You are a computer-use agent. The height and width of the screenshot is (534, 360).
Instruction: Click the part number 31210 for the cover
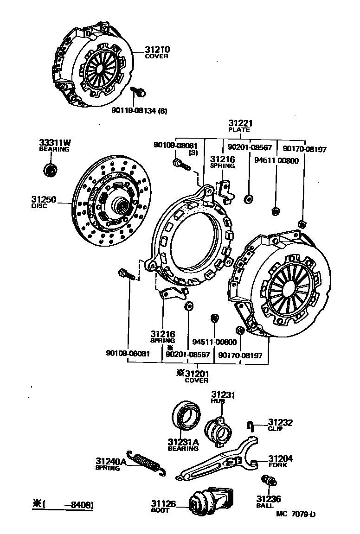pos(157,49)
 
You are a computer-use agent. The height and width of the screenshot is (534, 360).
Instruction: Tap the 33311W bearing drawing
pos(50,170)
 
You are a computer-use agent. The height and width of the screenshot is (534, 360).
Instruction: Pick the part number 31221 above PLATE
pos(239,124)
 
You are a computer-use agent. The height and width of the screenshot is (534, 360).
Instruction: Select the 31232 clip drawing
pos(251,425)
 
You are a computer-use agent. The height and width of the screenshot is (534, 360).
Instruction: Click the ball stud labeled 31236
pos(268,482)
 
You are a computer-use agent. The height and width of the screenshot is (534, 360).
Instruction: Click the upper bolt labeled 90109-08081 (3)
pos(180,164)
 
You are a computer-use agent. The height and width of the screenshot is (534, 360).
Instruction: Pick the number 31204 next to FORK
pos(280,458)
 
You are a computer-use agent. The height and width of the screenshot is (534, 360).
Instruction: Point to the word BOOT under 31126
pos(160,510)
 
